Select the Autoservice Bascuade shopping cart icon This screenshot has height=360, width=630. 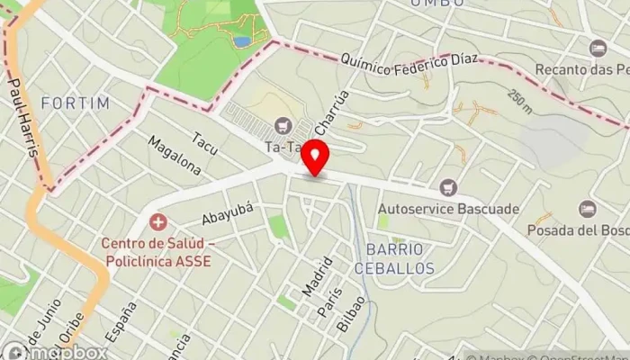[449, 187]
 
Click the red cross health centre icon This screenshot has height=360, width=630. [158, 220]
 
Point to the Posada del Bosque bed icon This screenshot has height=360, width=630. [587, 209]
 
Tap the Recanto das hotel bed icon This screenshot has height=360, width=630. [598, 48]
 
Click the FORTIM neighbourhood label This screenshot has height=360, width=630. [75, 103]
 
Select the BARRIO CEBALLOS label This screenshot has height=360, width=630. [400, 257]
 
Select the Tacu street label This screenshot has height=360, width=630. [204, 143]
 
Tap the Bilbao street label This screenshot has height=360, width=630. [351, 314]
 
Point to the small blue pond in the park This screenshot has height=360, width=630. [241, 40]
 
